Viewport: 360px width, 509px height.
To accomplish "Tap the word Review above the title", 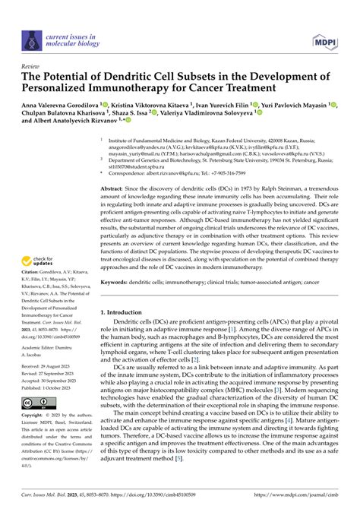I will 32,67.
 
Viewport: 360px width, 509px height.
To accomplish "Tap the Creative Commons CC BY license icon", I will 36,403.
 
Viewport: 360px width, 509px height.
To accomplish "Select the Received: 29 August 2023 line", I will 52,365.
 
